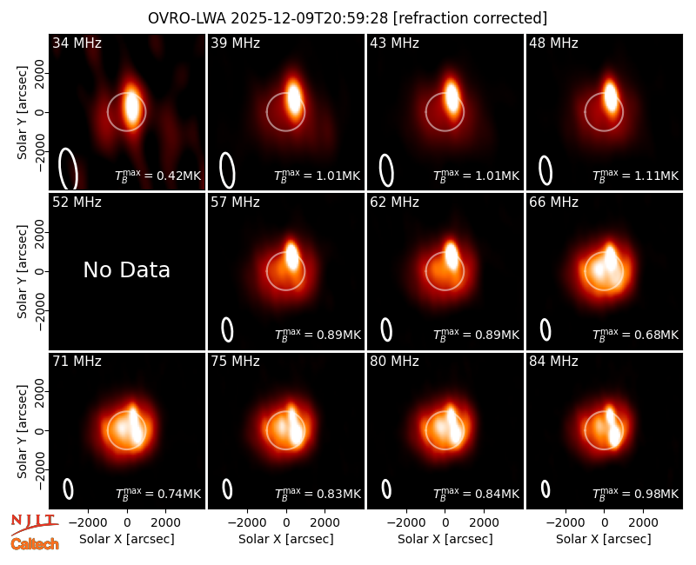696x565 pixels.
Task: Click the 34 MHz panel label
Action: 77,43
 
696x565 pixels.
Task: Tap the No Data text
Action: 126,269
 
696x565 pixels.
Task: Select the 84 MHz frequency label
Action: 553,362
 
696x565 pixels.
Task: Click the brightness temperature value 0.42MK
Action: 173,176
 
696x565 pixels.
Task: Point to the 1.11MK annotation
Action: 651,176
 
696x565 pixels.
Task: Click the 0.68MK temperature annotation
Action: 651,335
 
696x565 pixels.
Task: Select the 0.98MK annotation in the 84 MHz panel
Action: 651,494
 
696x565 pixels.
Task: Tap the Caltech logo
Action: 35,544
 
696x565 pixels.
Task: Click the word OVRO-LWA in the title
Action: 187,18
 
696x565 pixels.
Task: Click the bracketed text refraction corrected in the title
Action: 470,18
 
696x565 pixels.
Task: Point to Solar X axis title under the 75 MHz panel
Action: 286,539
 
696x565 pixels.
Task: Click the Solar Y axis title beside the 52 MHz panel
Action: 22,272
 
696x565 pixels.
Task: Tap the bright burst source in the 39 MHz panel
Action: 294,96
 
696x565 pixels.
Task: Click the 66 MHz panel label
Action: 553,203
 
